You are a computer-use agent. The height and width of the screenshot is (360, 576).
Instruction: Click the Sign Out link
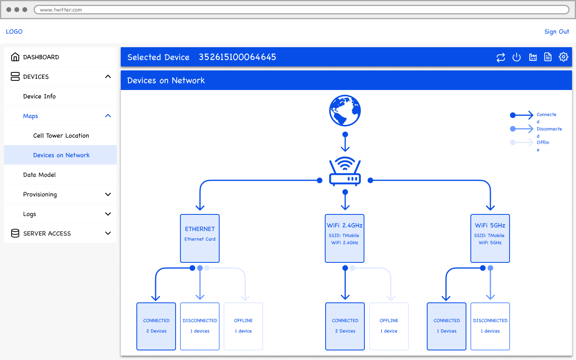(556, 32)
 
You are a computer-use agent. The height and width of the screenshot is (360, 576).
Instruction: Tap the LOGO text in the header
(14, 32)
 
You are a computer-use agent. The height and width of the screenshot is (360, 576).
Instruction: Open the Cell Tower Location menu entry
(61, 136)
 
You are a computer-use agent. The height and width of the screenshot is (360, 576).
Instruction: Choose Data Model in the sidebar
(39, 175)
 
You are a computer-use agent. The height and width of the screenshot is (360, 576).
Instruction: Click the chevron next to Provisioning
(108, 194)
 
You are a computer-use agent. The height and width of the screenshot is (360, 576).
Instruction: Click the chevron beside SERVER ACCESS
(108, 233)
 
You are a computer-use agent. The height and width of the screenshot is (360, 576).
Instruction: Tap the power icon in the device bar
(516, 57)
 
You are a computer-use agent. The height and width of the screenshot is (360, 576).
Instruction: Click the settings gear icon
(563, 57)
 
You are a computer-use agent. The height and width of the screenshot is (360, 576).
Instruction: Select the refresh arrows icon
(501, 57)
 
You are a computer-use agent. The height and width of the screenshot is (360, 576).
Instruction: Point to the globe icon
(345, 110)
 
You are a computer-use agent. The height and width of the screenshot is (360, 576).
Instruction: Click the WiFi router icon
(345, 171)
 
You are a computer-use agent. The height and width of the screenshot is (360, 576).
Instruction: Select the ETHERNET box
(200, 238)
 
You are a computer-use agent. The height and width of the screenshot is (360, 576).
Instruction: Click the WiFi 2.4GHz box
(344, 238)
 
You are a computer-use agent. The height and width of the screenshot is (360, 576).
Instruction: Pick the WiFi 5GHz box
(490, 238)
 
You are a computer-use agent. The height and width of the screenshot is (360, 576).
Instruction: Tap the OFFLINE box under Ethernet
(243, 326)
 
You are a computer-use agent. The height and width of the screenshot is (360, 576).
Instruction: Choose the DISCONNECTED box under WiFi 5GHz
(490, 326)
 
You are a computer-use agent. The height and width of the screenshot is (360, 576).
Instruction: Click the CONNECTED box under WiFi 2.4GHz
(345, 326)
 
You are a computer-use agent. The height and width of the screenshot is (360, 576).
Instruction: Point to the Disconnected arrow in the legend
(522, 129)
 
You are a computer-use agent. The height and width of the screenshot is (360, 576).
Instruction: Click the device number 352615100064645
(237, 57)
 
